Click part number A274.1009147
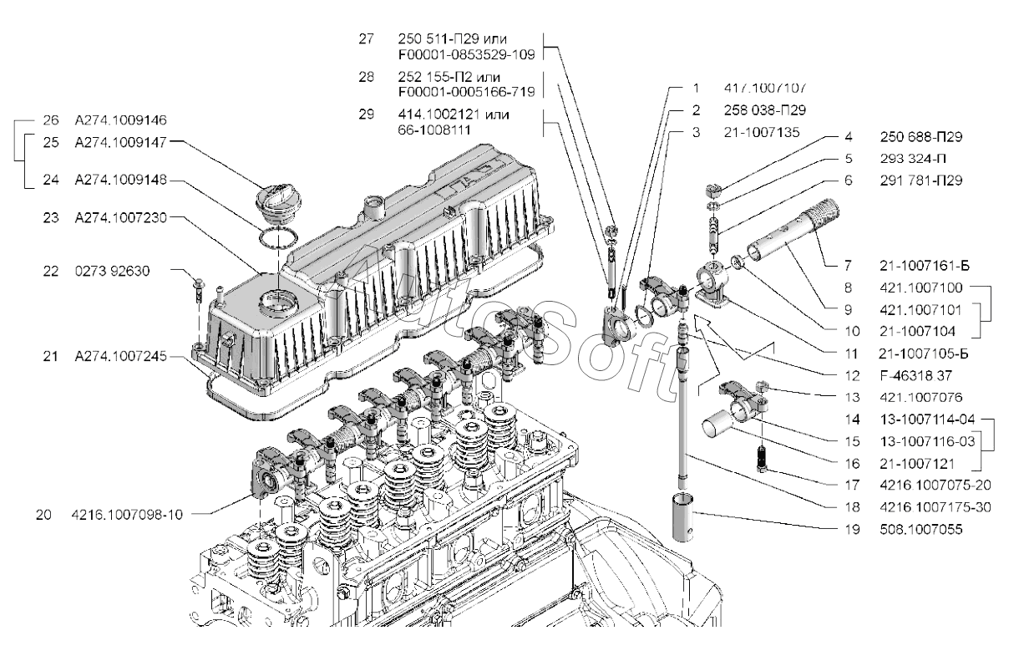(x=121, y=143)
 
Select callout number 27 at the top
(x=366, y=39)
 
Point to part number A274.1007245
(x=121, y=357)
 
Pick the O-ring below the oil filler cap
(x=275, y=238)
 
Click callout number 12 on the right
(x=850, y=375)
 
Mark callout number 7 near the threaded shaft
(x=850, y=267)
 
